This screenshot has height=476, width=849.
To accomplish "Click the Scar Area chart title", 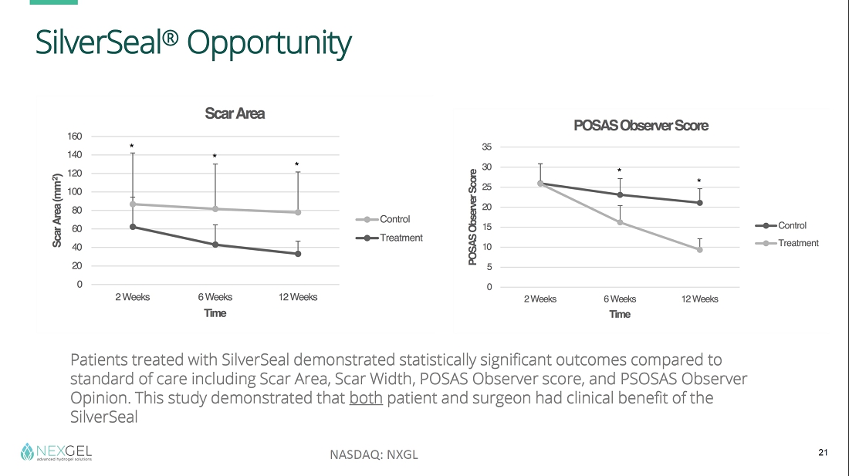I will pos(235,113).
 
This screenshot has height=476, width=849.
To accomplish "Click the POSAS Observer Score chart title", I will pos(641,125).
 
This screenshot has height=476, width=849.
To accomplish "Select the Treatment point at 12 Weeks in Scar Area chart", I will pos(298,254).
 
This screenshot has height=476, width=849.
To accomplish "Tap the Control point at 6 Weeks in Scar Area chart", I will pos(215,209).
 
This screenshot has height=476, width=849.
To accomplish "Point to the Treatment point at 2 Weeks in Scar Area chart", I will pos(133,227).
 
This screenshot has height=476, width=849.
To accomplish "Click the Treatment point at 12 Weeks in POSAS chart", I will pos(700,249).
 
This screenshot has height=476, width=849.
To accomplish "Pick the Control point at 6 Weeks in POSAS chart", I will pos(620,194).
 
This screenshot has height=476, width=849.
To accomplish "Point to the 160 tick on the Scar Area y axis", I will pos(74,137).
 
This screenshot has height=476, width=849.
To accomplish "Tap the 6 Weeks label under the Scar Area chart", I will pos(215,297).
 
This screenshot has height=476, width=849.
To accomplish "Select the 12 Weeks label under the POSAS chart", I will pos(699,299).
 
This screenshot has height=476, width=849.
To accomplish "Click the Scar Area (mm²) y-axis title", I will pos(57,211).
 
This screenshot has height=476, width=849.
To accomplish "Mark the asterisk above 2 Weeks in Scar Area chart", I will pos(132,146).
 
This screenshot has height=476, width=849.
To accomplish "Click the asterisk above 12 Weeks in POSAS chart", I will pos(698,182).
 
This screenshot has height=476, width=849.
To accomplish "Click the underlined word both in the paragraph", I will pos(366,399).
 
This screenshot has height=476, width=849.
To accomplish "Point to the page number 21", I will pos(823,453).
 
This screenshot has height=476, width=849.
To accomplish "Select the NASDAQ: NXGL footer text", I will pos(374,454).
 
